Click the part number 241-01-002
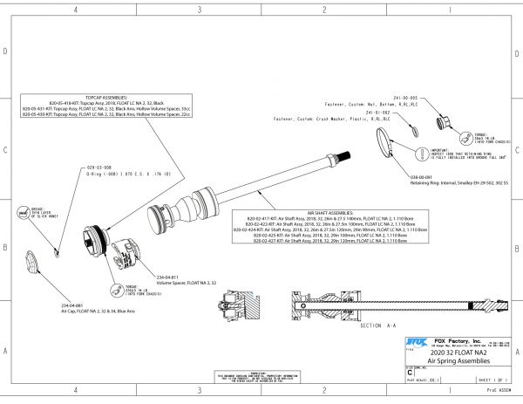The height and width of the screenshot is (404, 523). pos(377,113)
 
